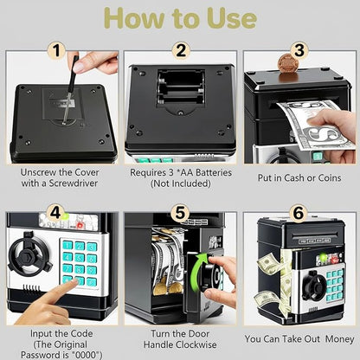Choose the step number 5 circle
pos(179,212)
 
